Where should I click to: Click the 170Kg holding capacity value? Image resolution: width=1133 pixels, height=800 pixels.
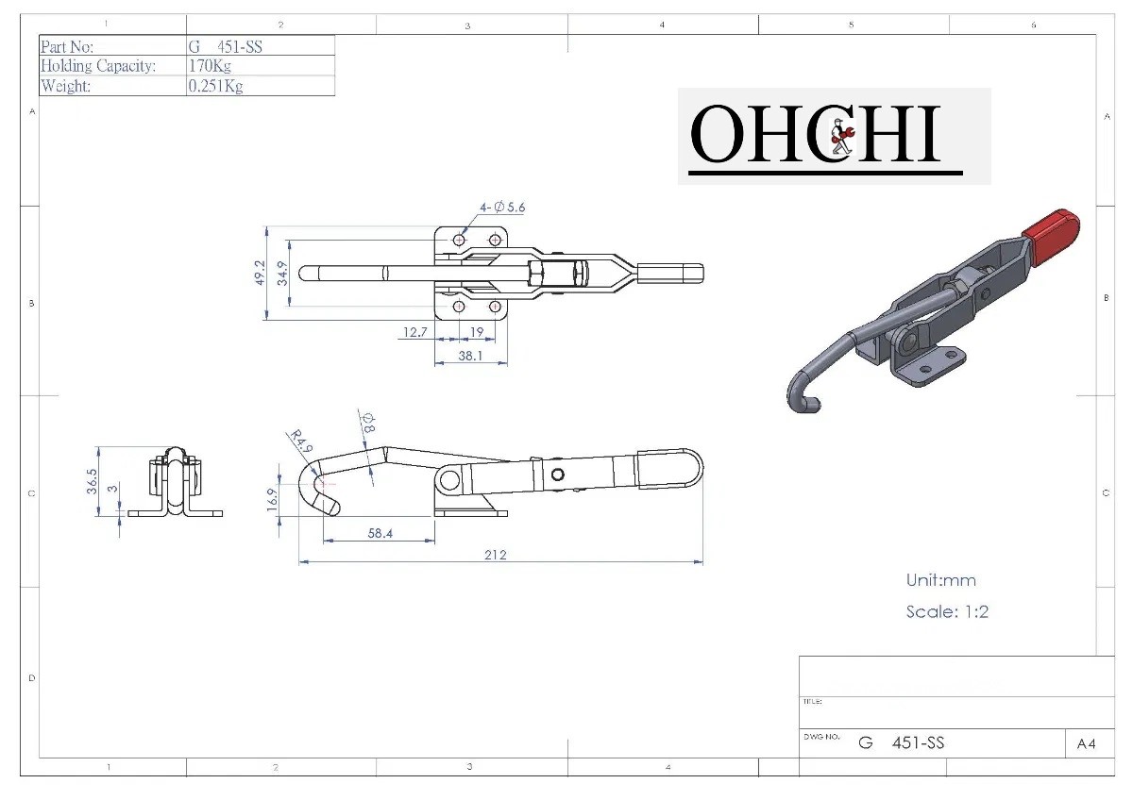(x=211, y=66)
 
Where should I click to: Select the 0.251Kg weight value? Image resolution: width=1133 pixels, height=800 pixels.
(x=216, y=86)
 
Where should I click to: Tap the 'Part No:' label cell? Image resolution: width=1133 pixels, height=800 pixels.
(x=67, y=46)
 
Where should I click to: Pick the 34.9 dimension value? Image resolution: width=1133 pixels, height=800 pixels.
(x=281, y=273)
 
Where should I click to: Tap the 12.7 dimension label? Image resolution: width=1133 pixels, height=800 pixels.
(x=415, y=332)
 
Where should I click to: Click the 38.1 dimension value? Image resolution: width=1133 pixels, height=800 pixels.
(x=470, y=356)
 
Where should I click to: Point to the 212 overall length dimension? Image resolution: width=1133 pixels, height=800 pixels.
(x=496, y=555)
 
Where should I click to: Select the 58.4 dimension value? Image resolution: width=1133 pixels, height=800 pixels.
(x=380, y=533)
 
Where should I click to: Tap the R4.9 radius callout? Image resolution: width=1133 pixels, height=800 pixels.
(x=296, y=441)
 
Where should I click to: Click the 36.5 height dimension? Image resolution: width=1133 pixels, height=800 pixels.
(x=92, y=479)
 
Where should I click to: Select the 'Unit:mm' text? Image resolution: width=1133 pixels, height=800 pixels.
(x=940, y=580)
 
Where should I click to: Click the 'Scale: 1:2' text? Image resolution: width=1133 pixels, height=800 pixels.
(x=947, y=611)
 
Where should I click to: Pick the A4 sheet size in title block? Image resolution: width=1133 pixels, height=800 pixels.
(x=1086, y=743)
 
